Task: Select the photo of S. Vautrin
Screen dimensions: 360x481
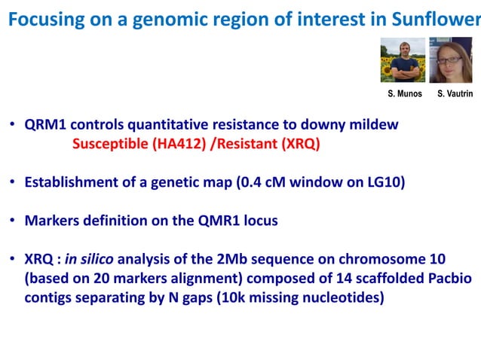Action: click(x=450, y=61)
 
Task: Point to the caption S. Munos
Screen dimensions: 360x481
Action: click(x=403, y=94)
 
